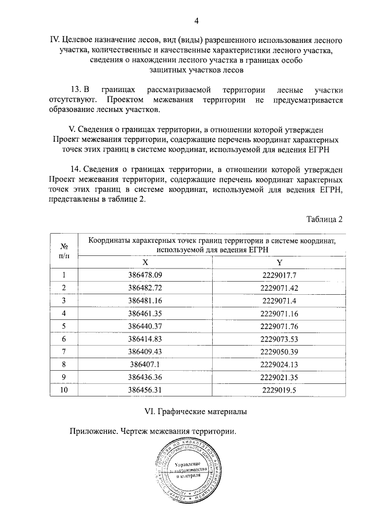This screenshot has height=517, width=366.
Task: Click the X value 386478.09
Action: click(x=146, y=275)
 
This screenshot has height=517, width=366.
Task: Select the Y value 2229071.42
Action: click(x=279, y=287)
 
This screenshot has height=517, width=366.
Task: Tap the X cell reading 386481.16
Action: click(x=146, y=300)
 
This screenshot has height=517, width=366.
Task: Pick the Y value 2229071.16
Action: click(x=279, y=313)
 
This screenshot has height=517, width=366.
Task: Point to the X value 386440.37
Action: click(x=146, y=326)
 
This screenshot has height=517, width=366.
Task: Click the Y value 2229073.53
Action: click(x=279, y=339)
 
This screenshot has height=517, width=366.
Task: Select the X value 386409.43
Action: click(x=146, y=351)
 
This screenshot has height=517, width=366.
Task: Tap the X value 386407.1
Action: click(x=146, y=364)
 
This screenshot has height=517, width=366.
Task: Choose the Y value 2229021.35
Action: click(x=279, y=377)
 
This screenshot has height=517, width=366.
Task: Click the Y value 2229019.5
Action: click(x=279, y=390)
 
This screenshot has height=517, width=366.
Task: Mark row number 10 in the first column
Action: click(x=64, y=390)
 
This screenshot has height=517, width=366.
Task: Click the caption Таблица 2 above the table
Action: click(x=324, y=219)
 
